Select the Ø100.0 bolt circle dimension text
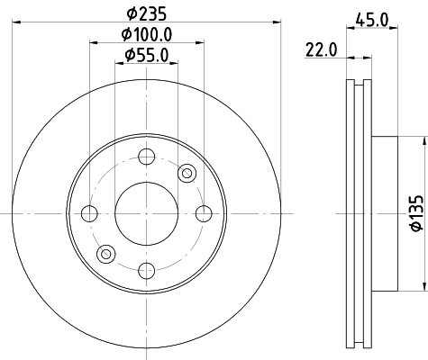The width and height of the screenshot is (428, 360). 147,35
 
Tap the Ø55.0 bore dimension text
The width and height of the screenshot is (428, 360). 147,56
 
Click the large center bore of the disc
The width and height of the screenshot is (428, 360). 146,213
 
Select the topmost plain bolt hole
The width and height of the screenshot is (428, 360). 146,156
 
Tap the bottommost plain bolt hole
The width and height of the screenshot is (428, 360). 146,270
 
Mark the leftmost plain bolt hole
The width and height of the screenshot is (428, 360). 89,213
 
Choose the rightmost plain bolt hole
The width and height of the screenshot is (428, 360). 204,213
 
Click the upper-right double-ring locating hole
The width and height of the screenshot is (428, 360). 187,173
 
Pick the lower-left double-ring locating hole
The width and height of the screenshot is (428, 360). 105,254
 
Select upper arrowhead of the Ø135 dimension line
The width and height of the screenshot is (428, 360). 422,140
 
